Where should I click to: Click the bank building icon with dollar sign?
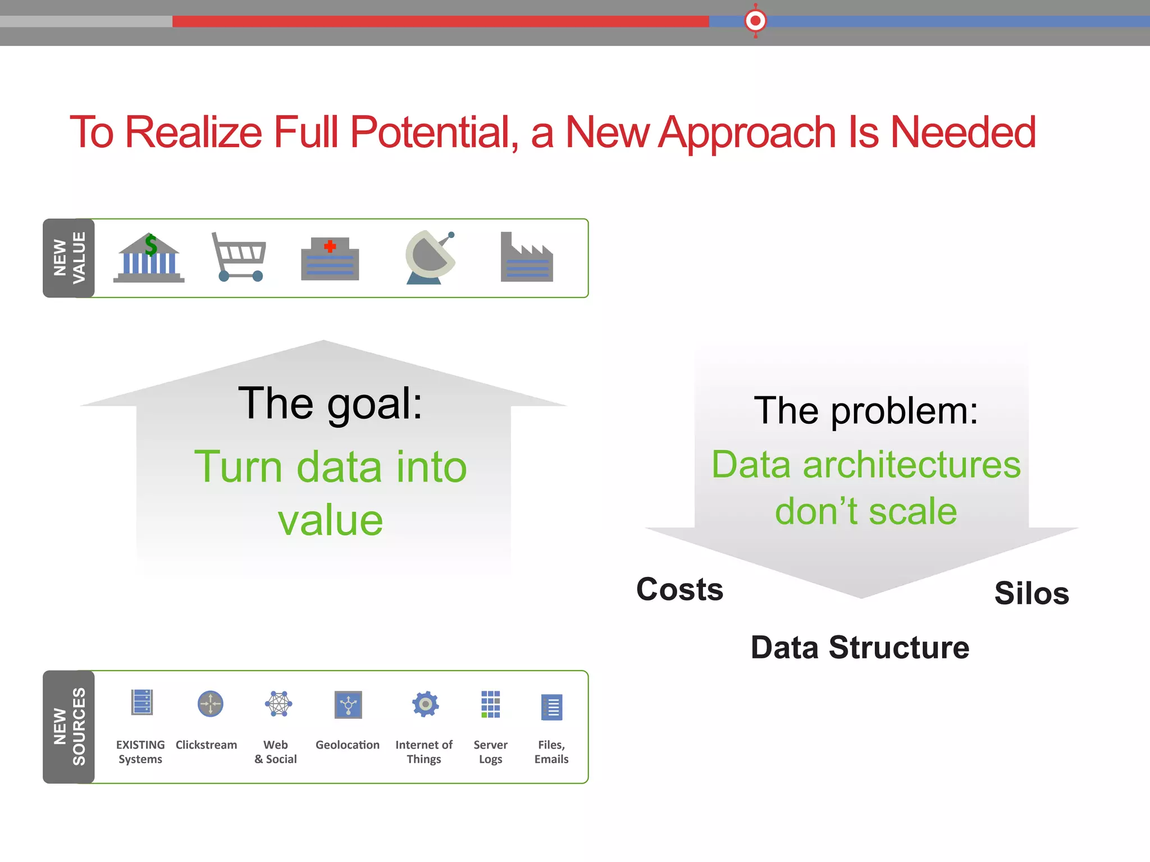[149, 258]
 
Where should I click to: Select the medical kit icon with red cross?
[330, 259]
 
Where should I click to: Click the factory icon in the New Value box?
[527, 258]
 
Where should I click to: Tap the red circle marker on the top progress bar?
[755, 21]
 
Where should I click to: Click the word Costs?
[679, 589]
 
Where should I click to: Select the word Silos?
[1032, 593]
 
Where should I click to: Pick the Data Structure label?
[860, 648]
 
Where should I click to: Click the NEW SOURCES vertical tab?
[69, 727]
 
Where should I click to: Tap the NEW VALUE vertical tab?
[69, 258]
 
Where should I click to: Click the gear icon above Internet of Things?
[425, 704]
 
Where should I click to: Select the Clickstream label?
[206, 745]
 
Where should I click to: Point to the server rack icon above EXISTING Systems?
[142, 703]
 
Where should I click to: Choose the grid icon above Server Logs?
[490, 704]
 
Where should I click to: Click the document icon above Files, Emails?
[552, 707]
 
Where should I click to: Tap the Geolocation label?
[348, 745]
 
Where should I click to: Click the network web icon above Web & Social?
[279, 704]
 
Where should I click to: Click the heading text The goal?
[330, 403]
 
